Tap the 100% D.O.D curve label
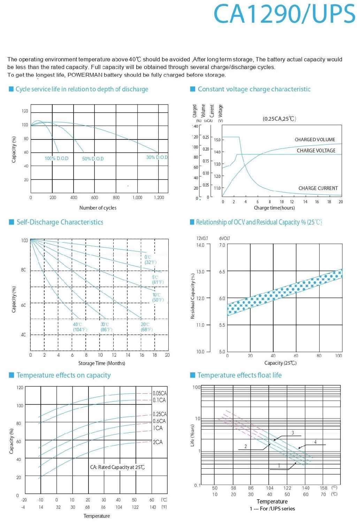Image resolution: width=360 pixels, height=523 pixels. (x=56, y=158)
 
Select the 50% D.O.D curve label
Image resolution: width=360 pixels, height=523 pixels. (x=93, y=159)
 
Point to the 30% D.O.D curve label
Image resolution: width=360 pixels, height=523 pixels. (x=157, y=157)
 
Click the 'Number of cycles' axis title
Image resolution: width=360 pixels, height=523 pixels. (x=98, y=208)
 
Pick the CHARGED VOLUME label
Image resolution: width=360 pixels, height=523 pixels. (x=315, y=139)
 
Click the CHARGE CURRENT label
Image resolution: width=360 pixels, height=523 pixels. (x=318, y=188)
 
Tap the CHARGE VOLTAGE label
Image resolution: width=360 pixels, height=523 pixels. (x=316, y=151)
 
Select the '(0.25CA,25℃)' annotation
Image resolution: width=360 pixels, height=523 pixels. (x=279, y=119)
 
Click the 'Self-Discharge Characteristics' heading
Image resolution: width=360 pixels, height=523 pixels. (x=60, y=222)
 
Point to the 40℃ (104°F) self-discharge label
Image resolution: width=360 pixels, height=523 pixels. (x=80, y=327)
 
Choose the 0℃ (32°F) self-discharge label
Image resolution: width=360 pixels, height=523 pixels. (x=150, y=260)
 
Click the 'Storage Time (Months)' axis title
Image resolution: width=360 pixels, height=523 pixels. (x=101, y=363)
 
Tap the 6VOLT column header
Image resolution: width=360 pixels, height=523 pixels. (x=224, y=238)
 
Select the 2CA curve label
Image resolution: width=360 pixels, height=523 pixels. (x=158, y=442)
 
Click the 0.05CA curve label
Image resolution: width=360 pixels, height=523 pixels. (x=160, y=393)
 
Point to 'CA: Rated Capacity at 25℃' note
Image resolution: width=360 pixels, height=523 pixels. (x=117, y=467)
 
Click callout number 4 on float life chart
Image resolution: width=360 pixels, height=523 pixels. (x=315, y=442)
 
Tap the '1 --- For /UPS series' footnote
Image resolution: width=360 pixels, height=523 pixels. (x=272, y=509)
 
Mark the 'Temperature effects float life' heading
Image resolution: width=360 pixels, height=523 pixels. (x=239, y=375)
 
